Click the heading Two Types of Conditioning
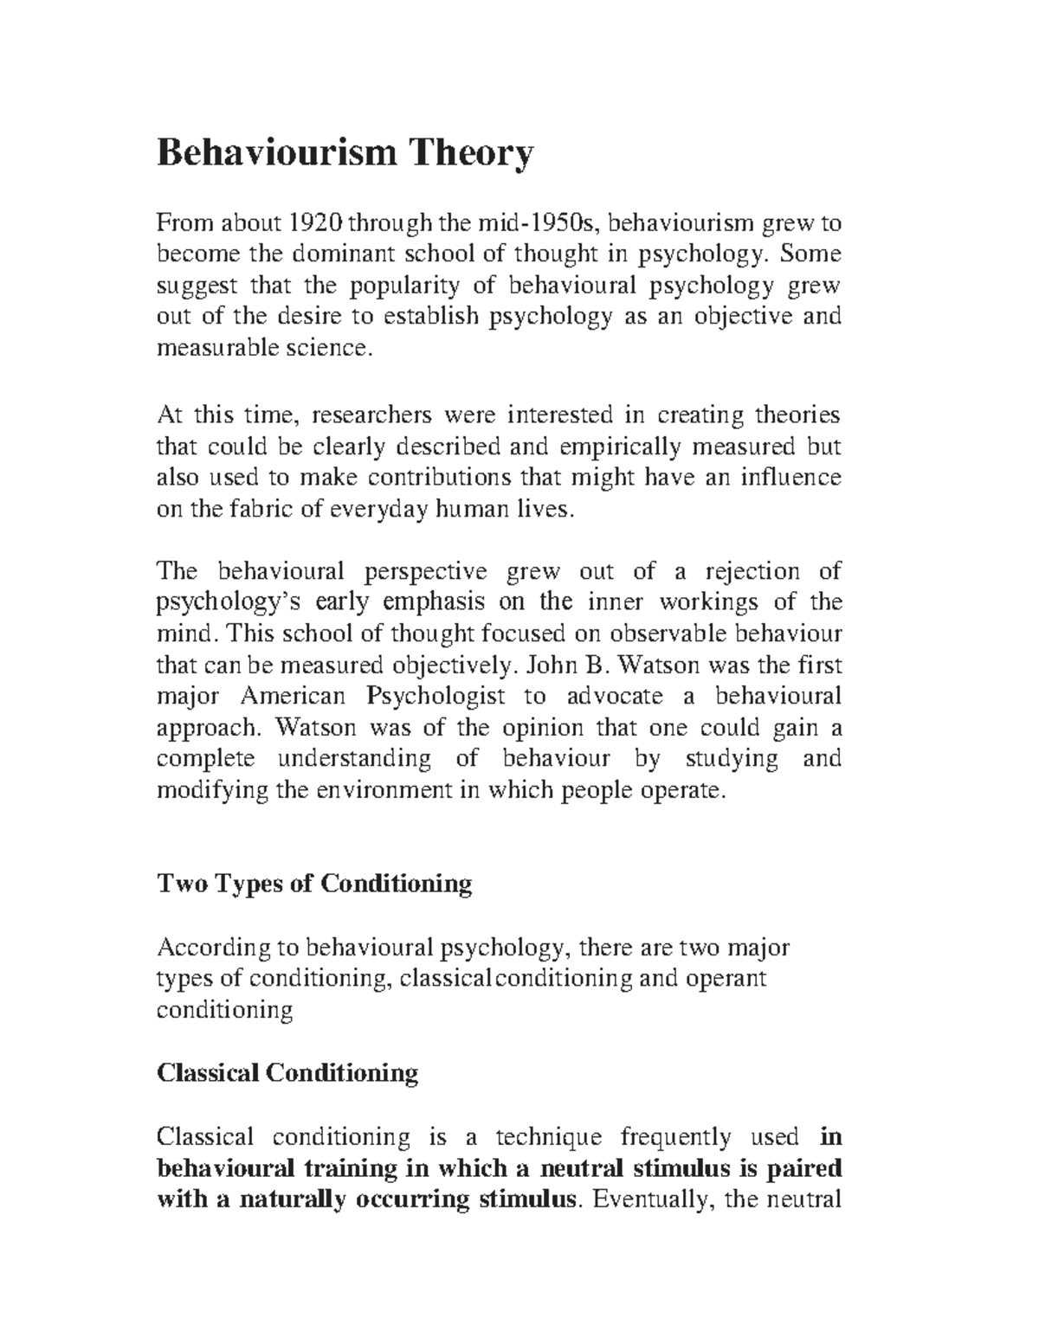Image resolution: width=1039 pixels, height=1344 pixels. tap(313, 884)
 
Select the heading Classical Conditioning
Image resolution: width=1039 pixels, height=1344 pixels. tap(287, 1073)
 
